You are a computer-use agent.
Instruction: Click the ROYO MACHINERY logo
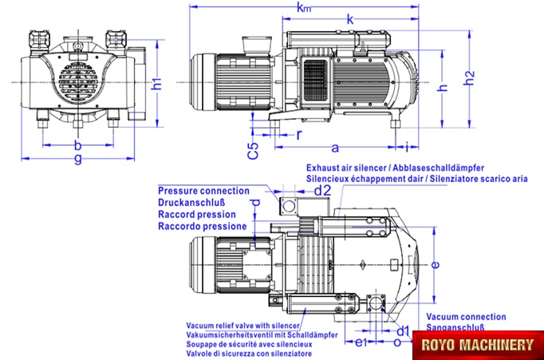click(478, 345)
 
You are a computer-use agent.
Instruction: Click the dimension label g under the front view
click(77, 159)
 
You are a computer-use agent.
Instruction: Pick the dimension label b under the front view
click(77, 144)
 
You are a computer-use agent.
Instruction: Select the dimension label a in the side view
click(335, 147)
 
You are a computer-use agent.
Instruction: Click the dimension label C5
click(252, 151)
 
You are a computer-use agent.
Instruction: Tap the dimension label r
click(299, 134)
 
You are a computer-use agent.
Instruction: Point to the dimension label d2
click(321, 191)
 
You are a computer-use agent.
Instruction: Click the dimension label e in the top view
click(434, 263)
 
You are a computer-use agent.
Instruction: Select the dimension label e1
click(360, 343)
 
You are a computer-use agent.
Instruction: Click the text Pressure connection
click(203, 191)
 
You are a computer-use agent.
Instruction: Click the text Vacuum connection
click(466, 317)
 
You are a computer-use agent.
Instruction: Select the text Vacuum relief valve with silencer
click(242, 326)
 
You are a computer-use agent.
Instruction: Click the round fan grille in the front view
click(77, 82)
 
